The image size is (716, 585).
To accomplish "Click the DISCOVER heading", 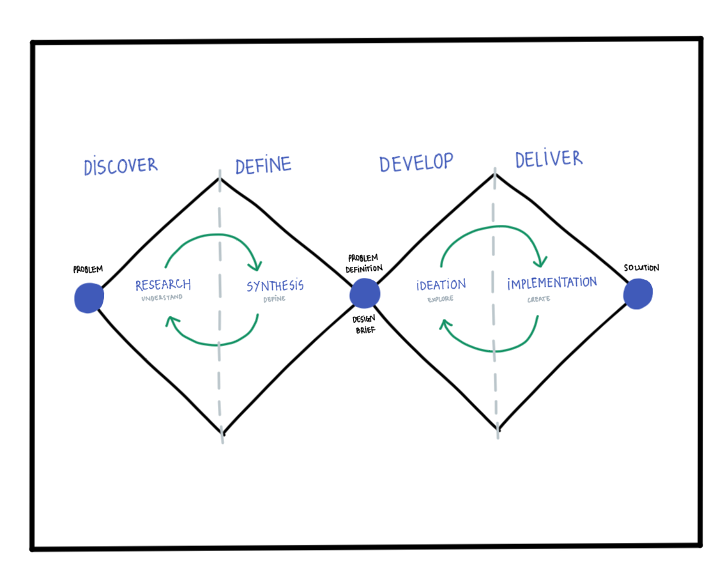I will pos(120,166).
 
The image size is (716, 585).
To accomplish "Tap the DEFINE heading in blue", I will pos(263,165).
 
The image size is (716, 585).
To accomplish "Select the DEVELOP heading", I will pos(416,162).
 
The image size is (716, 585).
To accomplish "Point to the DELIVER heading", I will pos(549,158).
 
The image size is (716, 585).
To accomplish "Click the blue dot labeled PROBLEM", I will pos(89,298).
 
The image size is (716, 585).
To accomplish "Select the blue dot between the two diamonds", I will pos(365,294).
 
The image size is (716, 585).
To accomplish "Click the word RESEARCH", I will pos(163,285).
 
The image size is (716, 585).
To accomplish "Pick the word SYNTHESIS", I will pos(275,286).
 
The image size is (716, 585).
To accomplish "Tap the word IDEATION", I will pos(441,285).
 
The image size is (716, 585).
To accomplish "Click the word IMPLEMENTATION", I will pos(552,283).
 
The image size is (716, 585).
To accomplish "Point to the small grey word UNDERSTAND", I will pos(162,298).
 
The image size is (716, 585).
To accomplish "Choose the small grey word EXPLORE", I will pos(441,298).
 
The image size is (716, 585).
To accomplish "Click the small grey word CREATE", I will pos(538,298).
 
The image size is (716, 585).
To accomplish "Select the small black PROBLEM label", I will pos(88,270).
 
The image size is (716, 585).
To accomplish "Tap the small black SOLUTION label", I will pos(641,268).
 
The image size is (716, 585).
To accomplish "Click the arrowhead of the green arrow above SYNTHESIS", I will pos(256,264).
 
